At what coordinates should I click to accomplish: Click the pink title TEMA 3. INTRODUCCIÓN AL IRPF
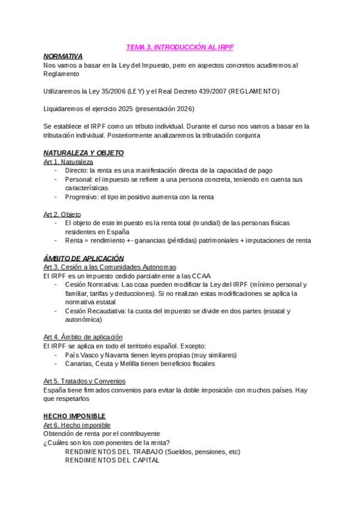tap(179, 47)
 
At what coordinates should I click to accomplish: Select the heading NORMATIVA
tap(63, 56)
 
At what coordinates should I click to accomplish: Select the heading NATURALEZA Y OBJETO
tap(83, 153)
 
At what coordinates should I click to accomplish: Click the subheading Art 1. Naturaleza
tap(68, 162)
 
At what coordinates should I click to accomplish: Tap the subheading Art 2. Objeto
tap(62, 214)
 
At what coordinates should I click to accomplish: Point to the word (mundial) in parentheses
tap(210, 223)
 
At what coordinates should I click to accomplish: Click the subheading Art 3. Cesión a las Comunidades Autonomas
tap(110, 267)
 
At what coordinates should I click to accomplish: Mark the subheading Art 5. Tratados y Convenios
tap(84, 381)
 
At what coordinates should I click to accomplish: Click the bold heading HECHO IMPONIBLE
tap(74, 416)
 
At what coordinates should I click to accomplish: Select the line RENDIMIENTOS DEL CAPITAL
tap(112, 460)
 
